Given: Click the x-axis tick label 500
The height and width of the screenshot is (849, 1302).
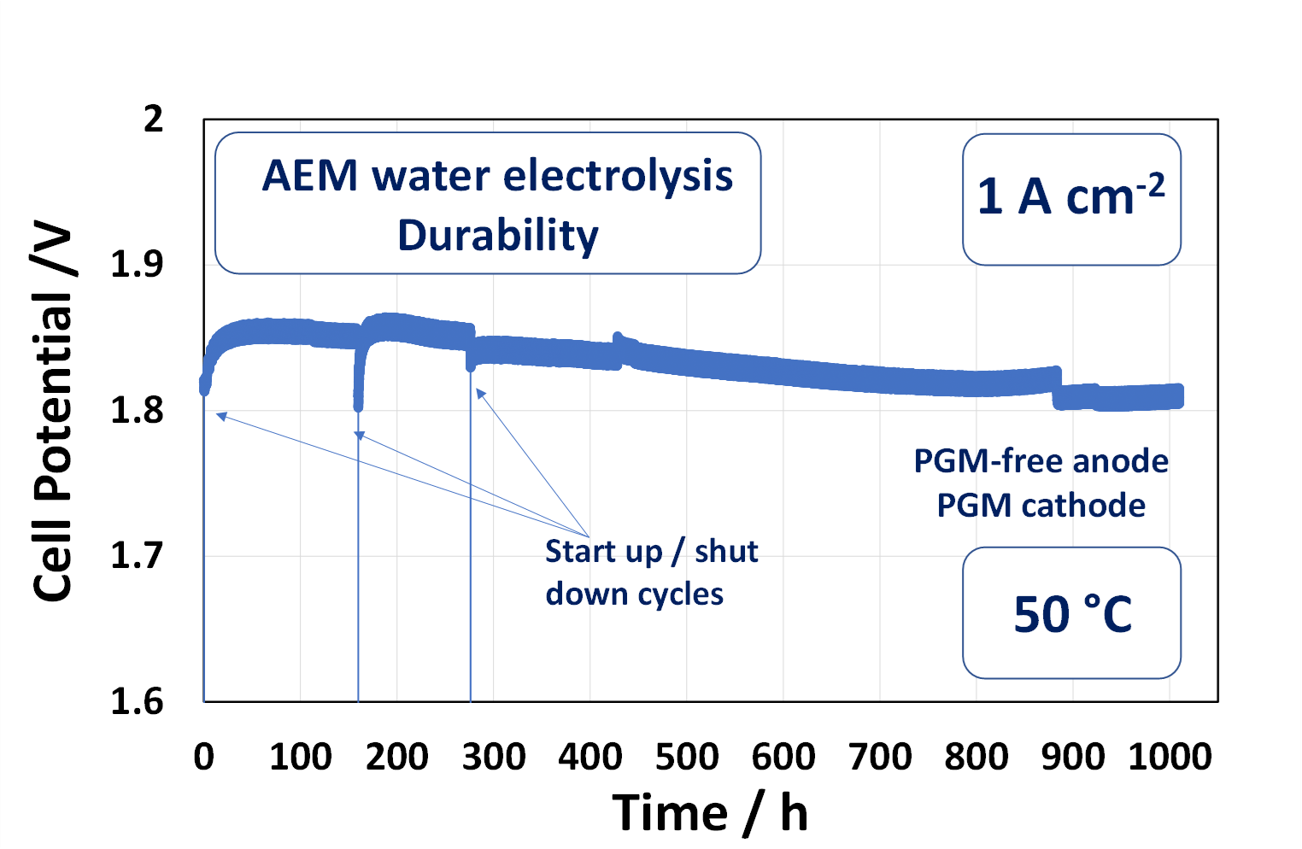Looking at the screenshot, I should [687, 757].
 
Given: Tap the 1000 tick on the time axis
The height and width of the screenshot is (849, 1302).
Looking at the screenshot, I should [1170, 757].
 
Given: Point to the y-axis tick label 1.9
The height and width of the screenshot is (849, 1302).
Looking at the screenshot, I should [137, 265].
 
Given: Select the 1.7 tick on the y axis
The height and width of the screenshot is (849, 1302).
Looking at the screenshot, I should [137, 556].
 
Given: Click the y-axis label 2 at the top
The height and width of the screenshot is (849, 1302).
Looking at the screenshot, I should [153, 120].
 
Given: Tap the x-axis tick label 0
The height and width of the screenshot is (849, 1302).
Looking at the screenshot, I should [203, 757].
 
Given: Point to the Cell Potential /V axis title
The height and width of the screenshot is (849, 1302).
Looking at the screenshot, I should [53, 410].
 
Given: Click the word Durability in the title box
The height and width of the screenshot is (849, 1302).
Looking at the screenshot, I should [498, 235].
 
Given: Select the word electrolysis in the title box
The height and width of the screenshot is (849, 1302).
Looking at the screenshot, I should [618, 176].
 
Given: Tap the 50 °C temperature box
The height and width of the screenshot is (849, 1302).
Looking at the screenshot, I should [1072, 613].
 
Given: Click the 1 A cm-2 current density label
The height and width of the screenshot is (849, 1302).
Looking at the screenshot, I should [1071, 196].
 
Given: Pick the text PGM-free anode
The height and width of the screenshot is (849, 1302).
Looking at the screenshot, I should [1041, 461].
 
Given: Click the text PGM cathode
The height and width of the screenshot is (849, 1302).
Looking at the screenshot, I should [1041, 506].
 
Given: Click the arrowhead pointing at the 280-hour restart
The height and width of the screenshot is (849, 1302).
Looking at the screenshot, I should [480, 393].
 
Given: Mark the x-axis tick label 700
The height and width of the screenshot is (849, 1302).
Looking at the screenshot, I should [880, 757].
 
